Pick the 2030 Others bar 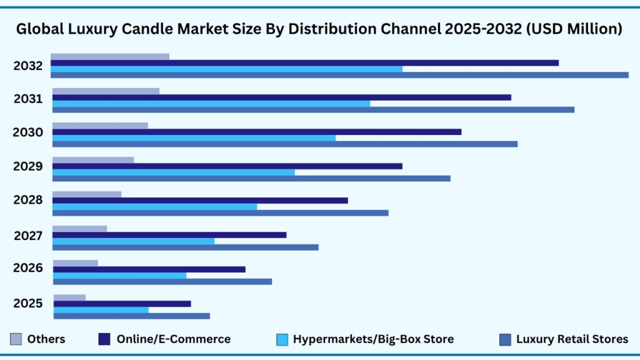pos(100,126)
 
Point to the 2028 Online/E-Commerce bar pos(200,201)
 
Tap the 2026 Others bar pos(75,263)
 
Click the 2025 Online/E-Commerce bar pos(122,304)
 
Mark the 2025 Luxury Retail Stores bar pos(131,316)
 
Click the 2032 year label pos(28,66)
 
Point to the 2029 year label pos(28,166)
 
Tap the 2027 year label pos(29,236)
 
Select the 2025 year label pos(28,304)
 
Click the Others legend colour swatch pos(16,339)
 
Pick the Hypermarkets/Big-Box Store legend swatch pos(282,339)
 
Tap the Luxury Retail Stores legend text pos(572,339)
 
